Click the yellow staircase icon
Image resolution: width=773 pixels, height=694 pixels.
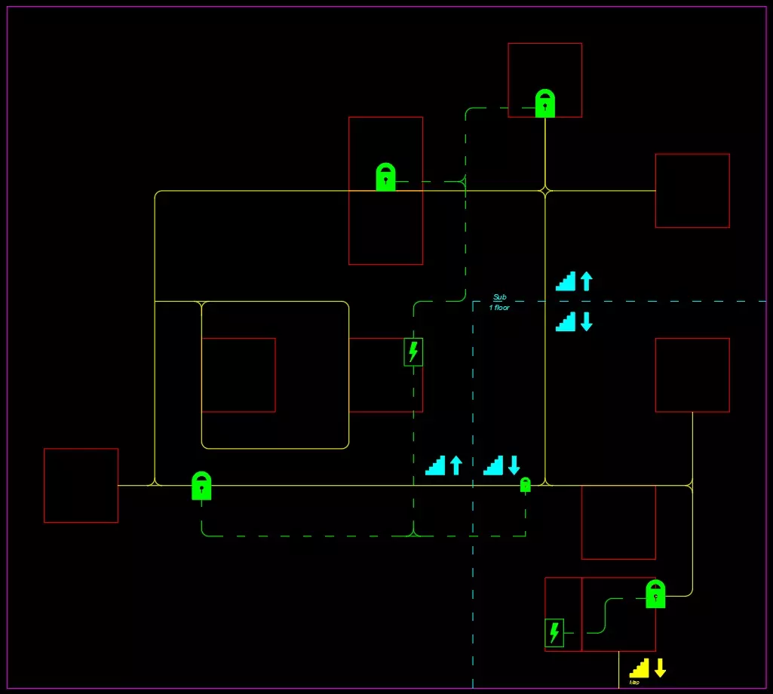tap(640, 668)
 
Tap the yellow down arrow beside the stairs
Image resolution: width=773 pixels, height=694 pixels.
tap(660, 668)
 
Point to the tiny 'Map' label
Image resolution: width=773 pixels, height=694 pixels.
tap(634, 682)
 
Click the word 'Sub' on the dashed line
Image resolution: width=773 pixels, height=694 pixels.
tap(499, 297)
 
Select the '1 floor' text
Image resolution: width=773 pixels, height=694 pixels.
tap(499, 308)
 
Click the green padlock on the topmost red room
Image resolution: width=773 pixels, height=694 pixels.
tap(544, 103)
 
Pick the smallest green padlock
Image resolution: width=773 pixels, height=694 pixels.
tap(526, 485)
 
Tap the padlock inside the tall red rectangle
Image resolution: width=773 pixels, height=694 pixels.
tap(385, 177)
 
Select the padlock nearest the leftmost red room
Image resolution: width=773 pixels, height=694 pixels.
tap(201, 486)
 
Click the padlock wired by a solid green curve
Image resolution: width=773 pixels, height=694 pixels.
tap(655, 594)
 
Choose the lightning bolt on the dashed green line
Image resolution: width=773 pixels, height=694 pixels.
tap(413, 352)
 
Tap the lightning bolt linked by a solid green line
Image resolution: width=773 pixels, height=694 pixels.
tap(554, 632)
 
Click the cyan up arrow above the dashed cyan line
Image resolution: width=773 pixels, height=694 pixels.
tap(586, 281)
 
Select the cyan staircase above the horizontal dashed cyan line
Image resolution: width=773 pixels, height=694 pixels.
tap(566, 281)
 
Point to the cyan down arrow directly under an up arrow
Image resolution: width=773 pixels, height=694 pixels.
tap(586, 321)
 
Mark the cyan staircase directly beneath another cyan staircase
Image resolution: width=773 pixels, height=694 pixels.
tap(566, 321)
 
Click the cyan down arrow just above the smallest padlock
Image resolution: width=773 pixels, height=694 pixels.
tap(514, 465)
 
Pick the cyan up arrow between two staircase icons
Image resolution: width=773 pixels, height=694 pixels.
tap(456, 465)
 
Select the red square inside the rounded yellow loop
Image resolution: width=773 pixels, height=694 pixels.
tap(238, 375)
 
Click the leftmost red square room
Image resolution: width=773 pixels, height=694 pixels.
tap(81, 485)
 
